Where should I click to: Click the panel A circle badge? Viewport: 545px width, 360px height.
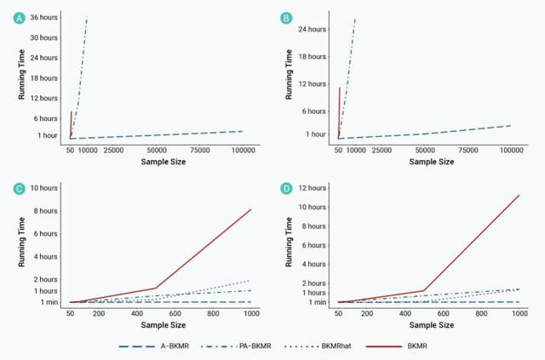point(19,17)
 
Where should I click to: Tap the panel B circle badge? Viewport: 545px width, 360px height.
point(286,17)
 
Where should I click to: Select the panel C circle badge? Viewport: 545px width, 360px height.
point(19,187)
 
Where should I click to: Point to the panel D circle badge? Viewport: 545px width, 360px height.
point(286,187)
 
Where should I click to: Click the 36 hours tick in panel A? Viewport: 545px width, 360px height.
point(43,18)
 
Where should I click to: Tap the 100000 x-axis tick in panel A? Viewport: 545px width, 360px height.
point(244,150)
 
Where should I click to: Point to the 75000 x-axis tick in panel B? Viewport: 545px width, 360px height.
point(468,150)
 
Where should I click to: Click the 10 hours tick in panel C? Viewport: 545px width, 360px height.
point(43,187)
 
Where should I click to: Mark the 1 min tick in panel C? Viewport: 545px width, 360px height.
point(47,302)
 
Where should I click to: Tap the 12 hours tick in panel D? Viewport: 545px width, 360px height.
point(311,187)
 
